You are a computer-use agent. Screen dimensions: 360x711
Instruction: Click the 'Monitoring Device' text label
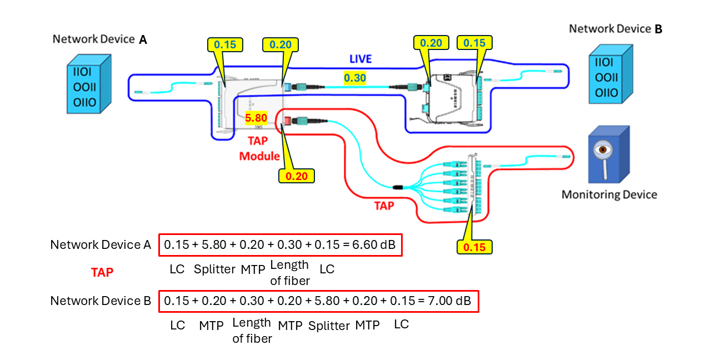pos(609,194)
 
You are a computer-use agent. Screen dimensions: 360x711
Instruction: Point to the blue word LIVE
pos(360,59)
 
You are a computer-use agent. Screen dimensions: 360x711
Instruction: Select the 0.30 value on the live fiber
pos(354,78)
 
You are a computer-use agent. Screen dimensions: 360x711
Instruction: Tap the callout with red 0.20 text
pos(296,176)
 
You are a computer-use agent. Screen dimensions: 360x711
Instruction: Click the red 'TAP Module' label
pos(259,148)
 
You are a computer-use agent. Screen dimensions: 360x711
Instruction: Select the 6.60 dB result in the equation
pos(374,245)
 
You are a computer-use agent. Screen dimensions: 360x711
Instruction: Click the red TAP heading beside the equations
pos(102,272)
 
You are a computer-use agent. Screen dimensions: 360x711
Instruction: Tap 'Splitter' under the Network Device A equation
pos(214,269)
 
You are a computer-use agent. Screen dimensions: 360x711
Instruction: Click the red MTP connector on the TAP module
pos(287,121)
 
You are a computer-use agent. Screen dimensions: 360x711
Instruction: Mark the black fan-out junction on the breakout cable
pos(398,187)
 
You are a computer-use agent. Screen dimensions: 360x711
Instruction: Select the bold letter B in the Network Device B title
pos(658,29)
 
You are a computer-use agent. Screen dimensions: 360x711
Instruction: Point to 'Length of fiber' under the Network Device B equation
pos(252,331)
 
